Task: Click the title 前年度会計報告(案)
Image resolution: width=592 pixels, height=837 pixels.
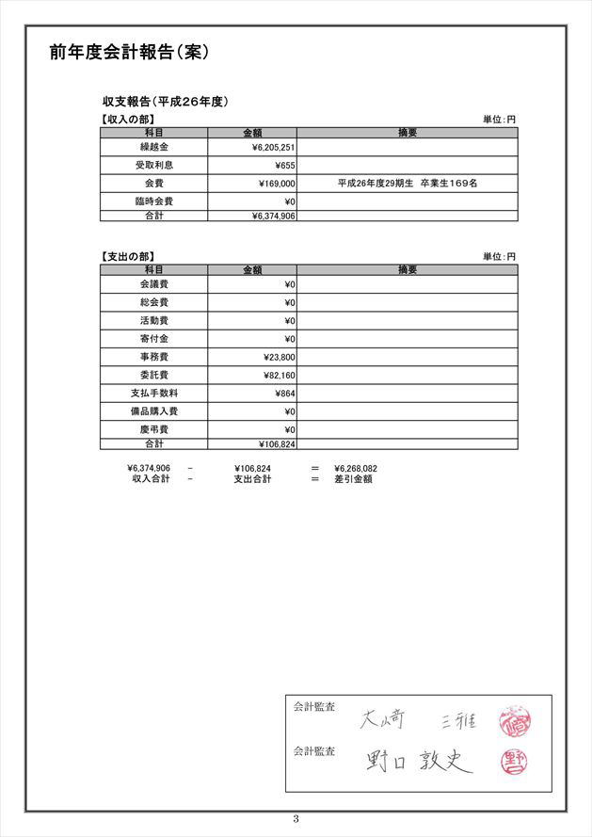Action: coord(129,53)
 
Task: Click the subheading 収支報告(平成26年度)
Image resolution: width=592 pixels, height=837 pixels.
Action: coord(166,102)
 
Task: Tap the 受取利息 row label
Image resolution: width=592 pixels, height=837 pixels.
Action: coord(153,166)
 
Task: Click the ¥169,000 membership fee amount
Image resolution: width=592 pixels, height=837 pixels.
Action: coord(277,184)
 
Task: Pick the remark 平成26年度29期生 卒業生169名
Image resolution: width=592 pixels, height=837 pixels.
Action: coord(407,184)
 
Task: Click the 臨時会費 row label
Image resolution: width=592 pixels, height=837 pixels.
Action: coord(153,201)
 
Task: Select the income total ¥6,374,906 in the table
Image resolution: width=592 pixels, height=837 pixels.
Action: coord(274,216)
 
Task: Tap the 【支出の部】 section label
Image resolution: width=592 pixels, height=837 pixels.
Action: coord(127,256)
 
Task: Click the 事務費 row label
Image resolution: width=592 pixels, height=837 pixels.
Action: coord(153,357)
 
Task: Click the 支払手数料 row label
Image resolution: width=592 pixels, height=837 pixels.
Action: coord(153,393)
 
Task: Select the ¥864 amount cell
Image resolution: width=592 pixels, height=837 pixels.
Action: coord(285,394)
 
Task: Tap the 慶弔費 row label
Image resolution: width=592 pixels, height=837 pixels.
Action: coord(153,429)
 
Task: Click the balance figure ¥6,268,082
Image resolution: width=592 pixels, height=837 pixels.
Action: coord(355,468)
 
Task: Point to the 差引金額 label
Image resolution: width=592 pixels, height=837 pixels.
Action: coord(353,479)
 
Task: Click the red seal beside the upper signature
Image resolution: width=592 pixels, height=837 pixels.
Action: coord(517,722)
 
